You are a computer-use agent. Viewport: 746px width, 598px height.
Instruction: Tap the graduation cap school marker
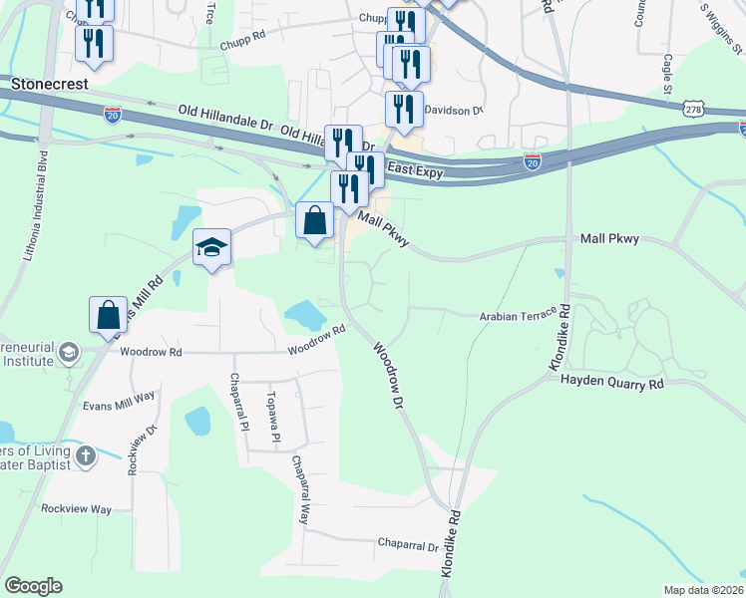(x=212, y=248)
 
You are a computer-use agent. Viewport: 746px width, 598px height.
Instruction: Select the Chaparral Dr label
(x=408, y=546)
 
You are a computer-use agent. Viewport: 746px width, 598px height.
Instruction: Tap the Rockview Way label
(x=76, y=508)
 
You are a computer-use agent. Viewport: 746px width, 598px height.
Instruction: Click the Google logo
(x=33, y=586)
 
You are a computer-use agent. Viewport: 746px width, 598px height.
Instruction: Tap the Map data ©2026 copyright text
(x=703, y=590)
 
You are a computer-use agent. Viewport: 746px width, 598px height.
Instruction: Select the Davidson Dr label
(x=454, y=111)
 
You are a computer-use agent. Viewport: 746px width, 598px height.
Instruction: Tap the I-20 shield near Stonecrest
(x=113, y=115)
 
